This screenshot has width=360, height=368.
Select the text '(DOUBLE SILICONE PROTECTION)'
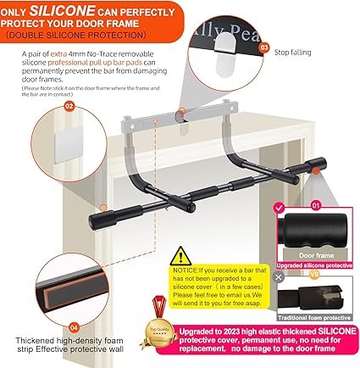click(75, 36)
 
